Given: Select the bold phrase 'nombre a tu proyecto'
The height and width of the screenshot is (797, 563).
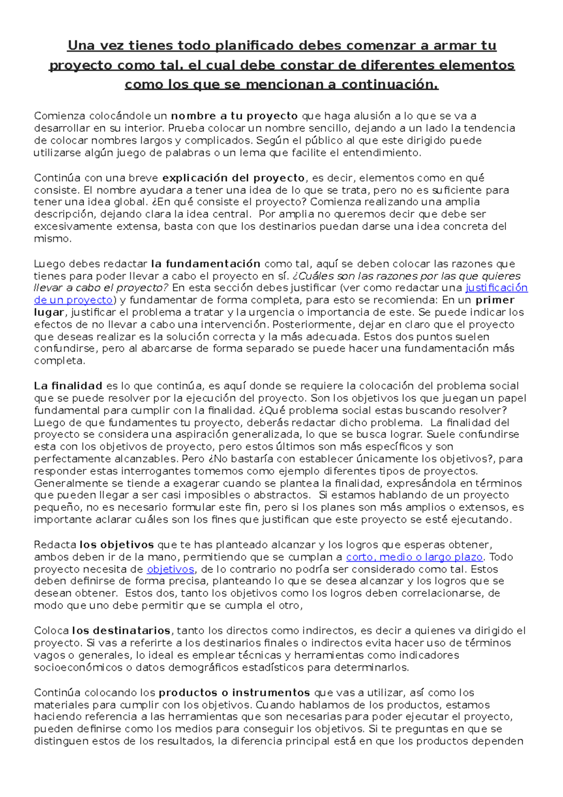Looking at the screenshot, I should tap(234, 116).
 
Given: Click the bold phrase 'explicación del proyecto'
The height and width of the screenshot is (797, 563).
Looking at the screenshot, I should tap(233, 178).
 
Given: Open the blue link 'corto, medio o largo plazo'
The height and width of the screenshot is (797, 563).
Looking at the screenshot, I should tap(414, 557).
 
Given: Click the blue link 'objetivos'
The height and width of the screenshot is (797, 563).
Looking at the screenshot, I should tap(170, 569).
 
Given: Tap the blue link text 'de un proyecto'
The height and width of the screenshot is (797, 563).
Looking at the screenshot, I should tap(73, 300).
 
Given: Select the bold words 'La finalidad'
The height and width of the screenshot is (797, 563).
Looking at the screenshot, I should tap(68, 386).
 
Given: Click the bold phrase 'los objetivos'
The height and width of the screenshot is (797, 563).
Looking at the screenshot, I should tap(116, 545).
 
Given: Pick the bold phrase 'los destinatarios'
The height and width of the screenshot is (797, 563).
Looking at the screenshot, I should tap(121, 630).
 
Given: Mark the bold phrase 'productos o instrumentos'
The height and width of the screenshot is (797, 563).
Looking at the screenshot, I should tap(234, 693).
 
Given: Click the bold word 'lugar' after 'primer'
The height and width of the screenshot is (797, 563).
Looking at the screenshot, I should tap(48, 313).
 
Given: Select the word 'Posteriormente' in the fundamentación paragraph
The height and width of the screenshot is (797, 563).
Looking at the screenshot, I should tap(308, 325).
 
